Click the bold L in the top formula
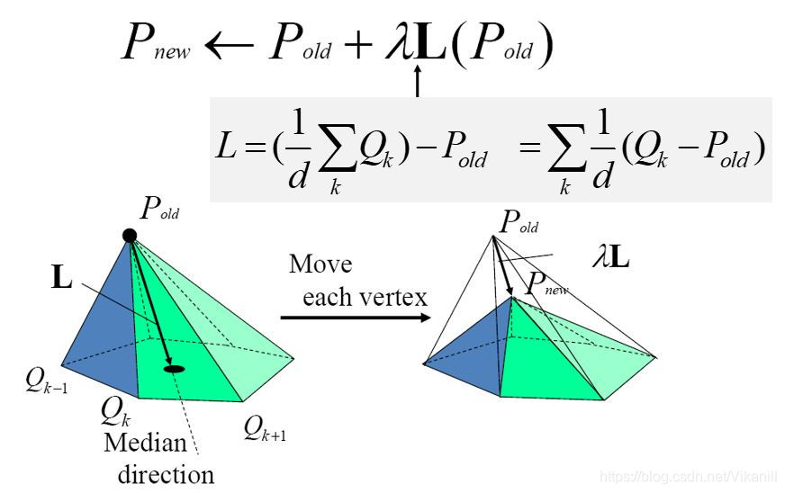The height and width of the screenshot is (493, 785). click(x=429, y=42)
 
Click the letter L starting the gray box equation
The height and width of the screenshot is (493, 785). click(x=226, y=149)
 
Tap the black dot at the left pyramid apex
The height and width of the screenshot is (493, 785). click(x=130, y=236)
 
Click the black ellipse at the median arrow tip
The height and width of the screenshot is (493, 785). click(x=174, y=368)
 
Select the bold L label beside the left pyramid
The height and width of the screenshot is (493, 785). click(x=61, y=279)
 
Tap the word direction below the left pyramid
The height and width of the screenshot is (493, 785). click(x=167, y=473)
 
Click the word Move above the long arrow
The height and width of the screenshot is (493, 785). click(x=320, y=265)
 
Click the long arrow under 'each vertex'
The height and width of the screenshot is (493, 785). click(x=351, y=317)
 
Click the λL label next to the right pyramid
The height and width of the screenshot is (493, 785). click(x=609, y=261)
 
